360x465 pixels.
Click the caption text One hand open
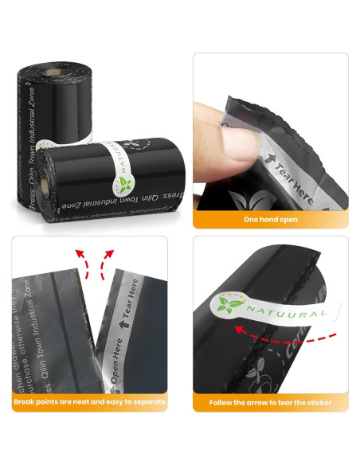tap(270, 219)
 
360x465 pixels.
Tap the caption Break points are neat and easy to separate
tap(89, 402)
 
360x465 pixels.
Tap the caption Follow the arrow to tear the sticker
tap(270, 402)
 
